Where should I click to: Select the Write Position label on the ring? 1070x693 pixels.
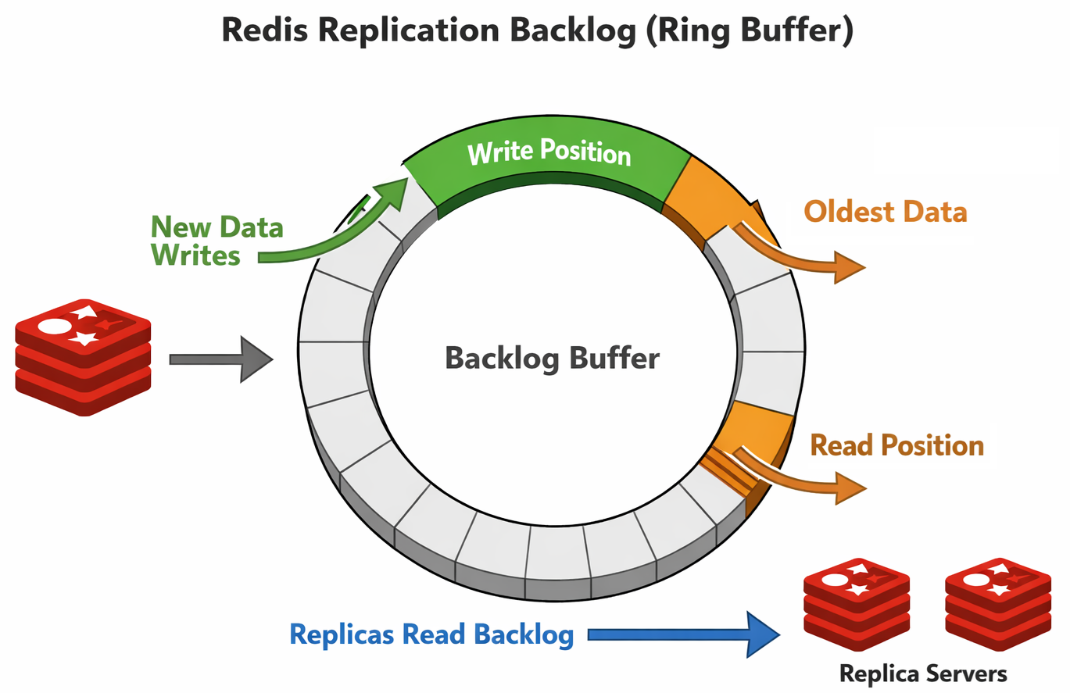[549, 152]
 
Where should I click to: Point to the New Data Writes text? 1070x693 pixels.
[217, 241]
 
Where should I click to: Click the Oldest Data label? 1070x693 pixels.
[886, 212]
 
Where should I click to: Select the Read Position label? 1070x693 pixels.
[897, 445]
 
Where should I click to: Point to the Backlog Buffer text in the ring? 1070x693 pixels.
[552, 359]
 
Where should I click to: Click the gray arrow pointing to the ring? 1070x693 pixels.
[220, 359]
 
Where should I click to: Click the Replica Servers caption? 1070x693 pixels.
[923, 673]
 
